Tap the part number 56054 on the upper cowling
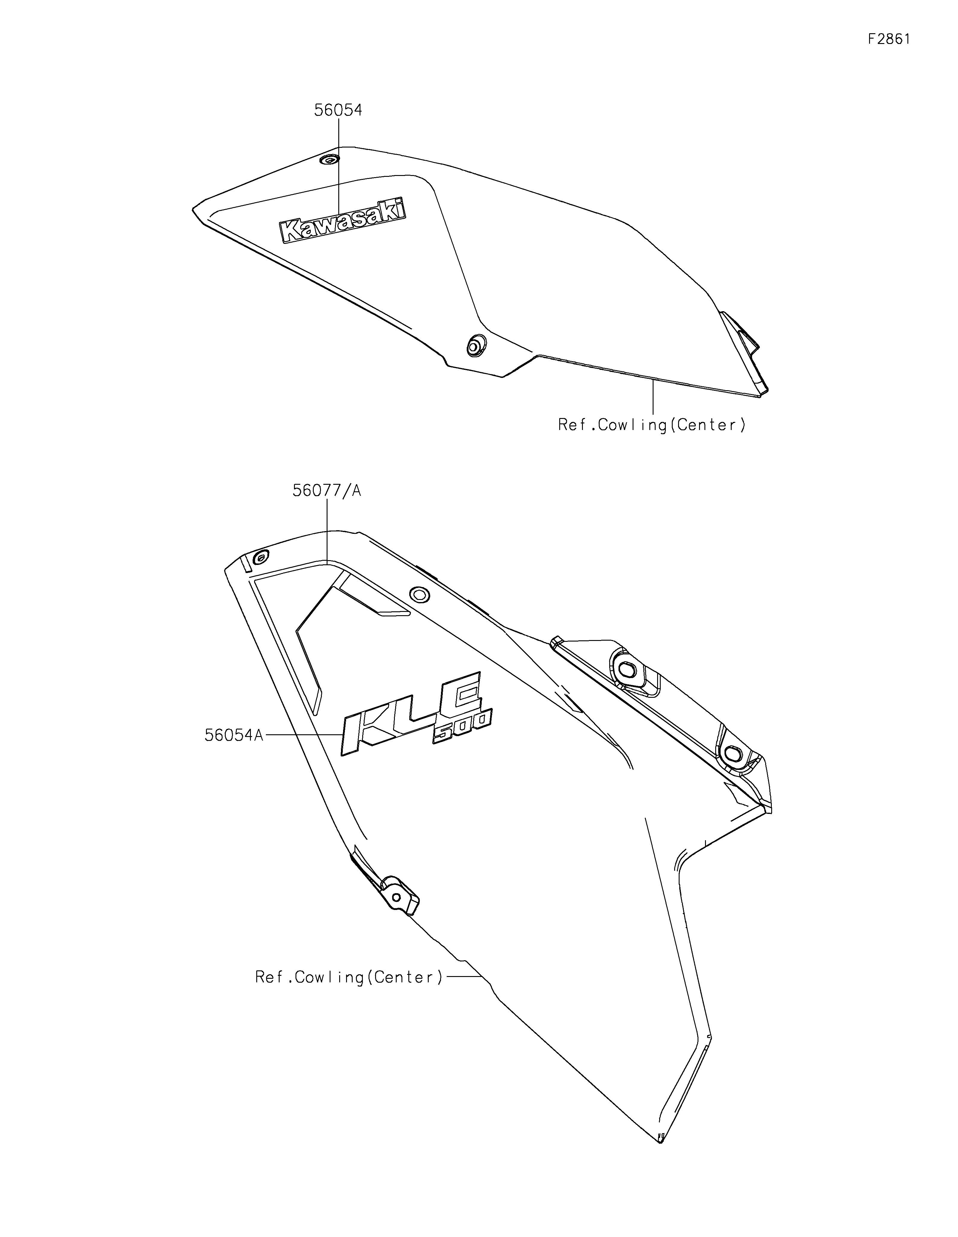point(338,110)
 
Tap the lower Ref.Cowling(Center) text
point(349,978)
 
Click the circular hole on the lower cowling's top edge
point(420,595)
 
